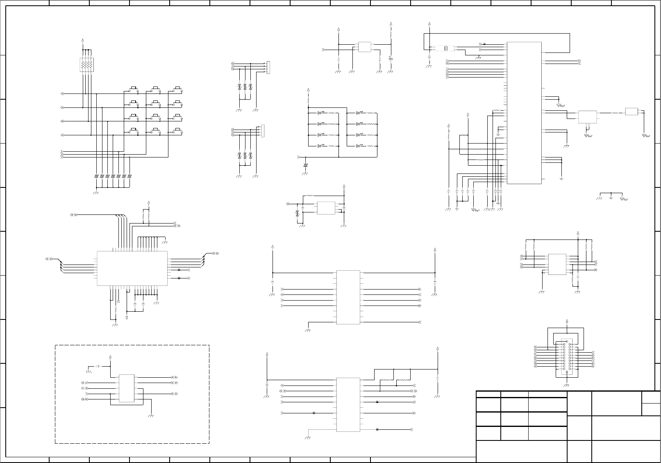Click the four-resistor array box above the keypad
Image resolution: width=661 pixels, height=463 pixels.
(x=86, y=64)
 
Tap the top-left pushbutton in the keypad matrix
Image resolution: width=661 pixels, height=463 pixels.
(x=133, y=88)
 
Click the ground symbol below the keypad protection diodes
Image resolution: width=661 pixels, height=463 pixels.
(x=96, y=192)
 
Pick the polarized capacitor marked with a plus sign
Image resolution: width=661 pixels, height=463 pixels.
(x=391, y=59)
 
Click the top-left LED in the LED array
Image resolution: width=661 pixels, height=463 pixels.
(x=319, y=113)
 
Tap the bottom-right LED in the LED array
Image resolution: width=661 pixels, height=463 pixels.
(x=358, y=146)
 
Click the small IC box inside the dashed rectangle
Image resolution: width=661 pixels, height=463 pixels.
(x=126, y=388)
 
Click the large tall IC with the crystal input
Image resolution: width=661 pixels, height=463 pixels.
(x=524, y=113)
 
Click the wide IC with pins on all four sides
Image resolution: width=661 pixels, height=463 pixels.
(x=132, y=268)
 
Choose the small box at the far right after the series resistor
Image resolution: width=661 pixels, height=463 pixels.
(x=631, y=112)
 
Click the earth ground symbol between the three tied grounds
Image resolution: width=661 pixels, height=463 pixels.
(x=611, y=198)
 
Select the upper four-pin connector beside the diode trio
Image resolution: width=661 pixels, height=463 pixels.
(x=268, y=67)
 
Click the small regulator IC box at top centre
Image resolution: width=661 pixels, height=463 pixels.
(x=364, y=47)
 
